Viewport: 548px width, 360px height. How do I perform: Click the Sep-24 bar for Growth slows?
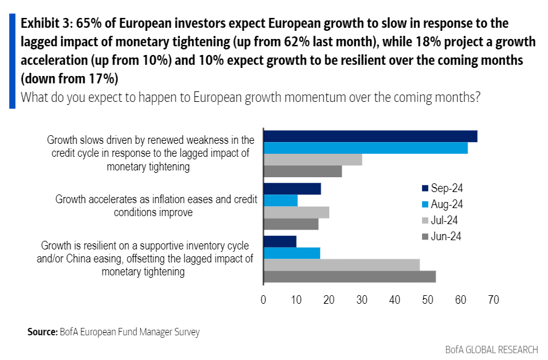[x=370, y=136]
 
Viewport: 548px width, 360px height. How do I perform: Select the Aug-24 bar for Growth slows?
[x=366, y=148]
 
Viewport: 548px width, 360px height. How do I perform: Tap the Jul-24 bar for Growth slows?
[x=313, y=160]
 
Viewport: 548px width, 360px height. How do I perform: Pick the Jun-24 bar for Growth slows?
[x=303, y=172]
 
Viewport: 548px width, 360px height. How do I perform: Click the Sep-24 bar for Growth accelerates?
[x=292, y=189]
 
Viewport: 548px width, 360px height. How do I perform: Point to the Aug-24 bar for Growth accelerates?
[x=280, y=201]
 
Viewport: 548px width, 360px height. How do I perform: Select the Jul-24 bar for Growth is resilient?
[x=342, y=265]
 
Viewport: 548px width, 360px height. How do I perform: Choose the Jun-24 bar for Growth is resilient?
[x=350, y=277]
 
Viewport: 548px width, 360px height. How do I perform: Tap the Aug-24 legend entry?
[x=442, y=204]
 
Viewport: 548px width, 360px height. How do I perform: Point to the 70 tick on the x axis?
[x=492, y=300]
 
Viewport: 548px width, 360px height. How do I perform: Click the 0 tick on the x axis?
[x=264, y=300]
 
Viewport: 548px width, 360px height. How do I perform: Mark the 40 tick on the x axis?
[x=395, y=300]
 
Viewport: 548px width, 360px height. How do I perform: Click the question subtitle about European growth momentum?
[x=250, y=97]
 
